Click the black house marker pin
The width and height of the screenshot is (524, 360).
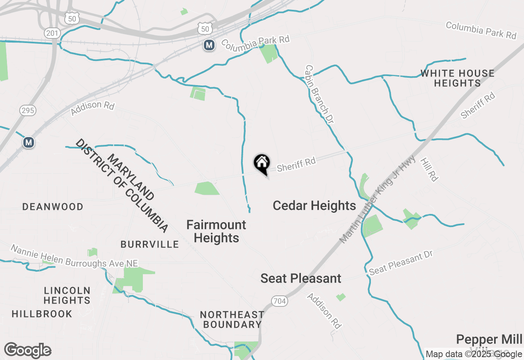[262, 164]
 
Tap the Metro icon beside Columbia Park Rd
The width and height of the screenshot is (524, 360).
[209, 45]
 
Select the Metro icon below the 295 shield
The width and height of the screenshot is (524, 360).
[28, 142]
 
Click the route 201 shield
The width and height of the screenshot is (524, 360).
[53, 33]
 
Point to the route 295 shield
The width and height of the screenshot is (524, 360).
[27, 110]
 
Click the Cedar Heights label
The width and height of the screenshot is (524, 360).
[314, 205]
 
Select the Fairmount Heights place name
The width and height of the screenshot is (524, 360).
[216, 231]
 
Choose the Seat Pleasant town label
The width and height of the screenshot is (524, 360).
[301, 279]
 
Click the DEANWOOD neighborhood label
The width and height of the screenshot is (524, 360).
[53, 207]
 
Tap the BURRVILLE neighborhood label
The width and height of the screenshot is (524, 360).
[149, 245]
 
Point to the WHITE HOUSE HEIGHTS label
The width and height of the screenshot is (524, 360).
[457, 79]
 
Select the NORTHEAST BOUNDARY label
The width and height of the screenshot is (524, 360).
[232, 319]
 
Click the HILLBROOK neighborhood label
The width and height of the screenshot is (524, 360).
[42, 314]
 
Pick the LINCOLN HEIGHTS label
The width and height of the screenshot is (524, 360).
[67, 295]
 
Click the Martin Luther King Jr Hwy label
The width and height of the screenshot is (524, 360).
[378, 199]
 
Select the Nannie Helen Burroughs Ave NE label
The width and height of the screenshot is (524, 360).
[74, 256]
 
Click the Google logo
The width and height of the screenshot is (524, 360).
[27, 351]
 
